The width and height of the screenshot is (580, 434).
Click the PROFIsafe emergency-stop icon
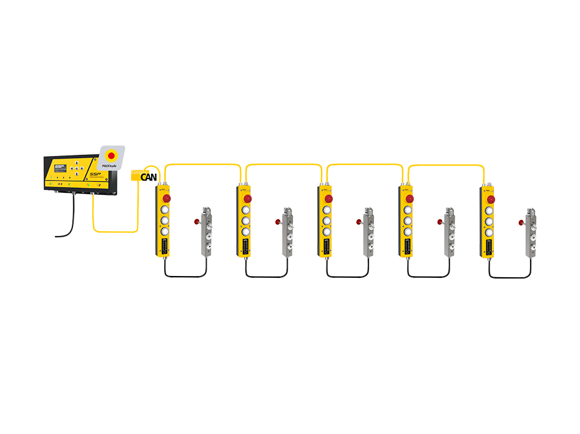pos(112,155)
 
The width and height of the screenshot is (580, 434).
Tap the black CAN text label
pos(149,177)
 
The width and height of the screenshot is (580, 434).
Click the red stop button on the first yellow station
pos(167,199)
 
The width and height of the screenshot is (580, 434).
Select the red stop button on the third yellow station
pos(328,199)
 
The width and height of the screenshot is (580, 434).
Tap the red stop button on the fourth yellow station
pos(410,199)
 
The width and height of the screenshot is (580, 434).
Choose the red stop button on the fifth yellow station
pos(491,199)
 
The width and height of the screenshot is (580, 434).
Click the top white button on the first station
pos(165,209)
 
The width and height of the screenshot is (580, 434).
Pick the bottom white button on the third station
pos(327,232)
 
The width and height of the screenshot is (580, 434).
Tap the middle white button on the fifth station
pos(489,220)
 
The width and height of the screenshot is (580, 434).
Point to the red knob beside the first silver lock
pos(197,221)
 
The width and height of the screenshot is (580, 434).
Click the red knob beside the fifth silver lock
pos(521,221)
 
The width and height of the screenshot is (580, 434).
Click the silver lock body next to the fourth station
pos(449,232)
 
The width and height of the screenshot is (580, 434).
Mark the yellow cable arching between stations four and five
pos(446,166)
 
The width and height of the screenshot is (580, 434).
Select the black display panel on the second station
pos(246,245)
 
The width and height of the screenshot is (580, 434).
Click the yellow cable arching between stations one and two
pos(203,165)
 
